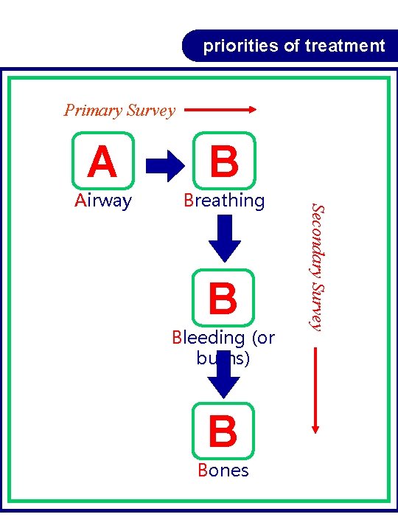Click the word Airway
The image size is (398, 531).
pyautogui.click(x=103, y=201)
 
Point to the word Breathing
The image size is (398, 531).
pyautogui.click(x=224, y=201)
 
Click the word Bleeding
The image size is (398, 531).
pyautogui.click(x=208, y=338)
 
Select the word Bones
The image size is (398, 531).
pyautogui.click(x=223, y=471)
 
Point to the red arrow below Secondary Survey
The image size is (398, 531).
pyautogui.click(x=315, y=387)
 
